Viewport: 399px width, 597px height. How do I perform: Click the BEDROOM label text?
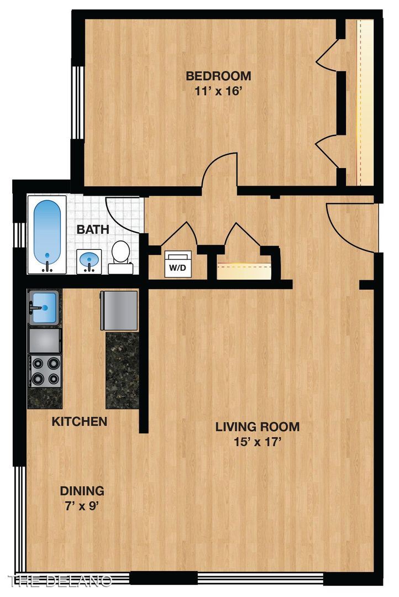click(218, 76)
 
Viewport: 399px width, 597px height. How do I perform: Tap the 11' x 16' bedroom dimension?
click(218, 92)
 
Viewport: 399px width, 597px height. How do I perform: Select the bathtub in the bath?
click(47, 235)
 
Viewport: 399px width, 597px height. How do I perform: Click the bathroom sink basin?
click(90, 260)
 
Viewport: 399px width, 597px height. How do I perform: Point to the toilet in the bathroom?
click(120, 257)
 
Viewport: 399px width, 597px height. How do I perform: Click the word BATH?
click(93, 229)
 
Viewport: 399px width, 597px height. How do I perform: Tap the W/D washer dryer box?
click(177, 264)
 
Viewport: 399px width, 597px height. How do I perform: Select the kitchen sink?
click(44, 308)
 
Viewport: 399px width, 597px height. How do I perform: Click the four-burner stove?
click(45, 371)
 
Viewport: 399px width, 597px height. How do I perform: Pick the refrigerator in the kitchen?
click(119, 310)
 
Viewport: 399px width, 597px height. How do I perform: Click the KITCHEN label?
click(79, 421)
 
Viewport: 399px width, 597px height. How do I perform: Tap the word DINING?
click(82, 491)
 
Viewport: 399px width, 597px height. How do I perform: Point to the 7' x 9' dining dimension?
click(82, 506)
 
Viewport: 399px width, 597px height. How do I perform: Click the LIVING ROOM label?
click(258, 426)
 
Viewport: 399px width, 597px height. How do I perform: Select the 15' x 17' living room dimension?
click(258, 442)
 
